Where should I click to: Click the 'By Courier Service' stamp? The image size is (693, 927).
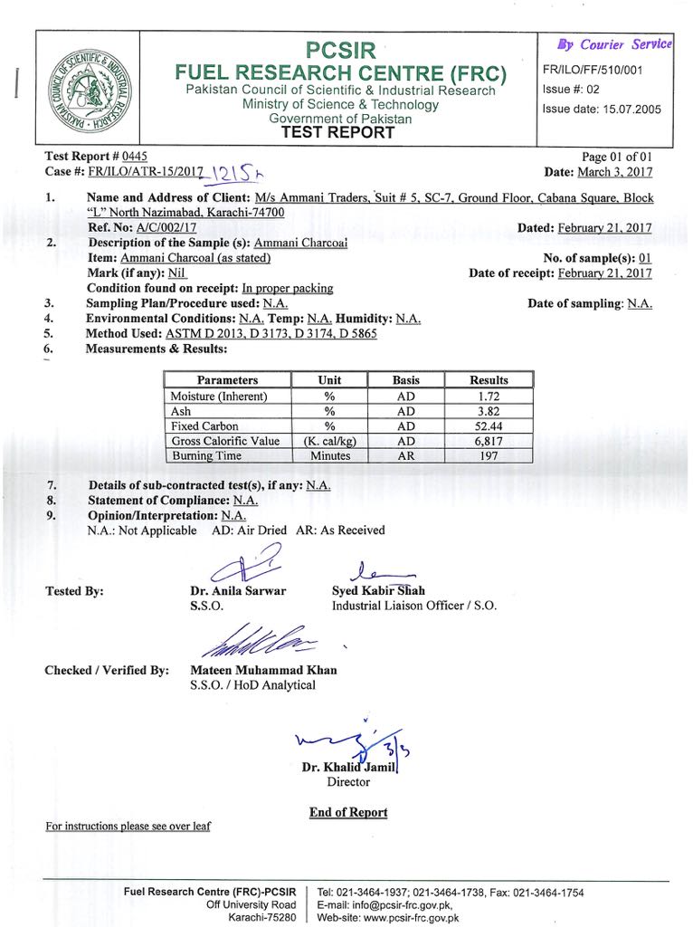click(615, 44)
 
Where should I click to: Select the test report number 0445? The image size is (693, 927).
click(134, 157)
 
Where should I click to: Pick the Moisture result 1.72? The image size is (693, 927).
click(489, 397)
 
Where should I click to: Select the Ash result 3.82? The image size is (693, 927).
click(489, 411)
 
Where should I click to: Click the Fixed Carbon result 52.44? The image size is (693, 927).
click(489, 426)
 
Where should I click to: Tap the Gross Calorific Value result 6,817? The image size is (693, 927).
click(489, 441)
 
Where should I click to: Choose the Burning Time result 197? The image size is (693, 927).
click(489, 456)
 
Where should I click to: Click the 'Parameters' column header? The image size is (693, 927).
click(227, 380)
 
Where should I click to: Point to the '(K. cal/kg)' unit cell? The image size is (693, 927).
click(329, 441)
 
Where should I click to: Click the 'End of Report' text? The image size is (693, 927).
click(347, 812)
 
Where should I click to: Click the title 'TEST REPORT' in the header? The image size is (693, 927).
click(339, 132)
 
